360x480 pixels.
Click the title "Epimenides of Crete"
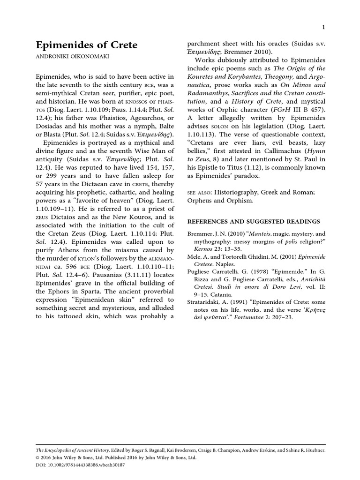tap(87, 45)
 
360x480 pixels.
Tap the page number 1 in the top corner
tap(323, 27)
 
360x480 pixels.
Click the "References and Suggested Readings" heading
tap(254, 222)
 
